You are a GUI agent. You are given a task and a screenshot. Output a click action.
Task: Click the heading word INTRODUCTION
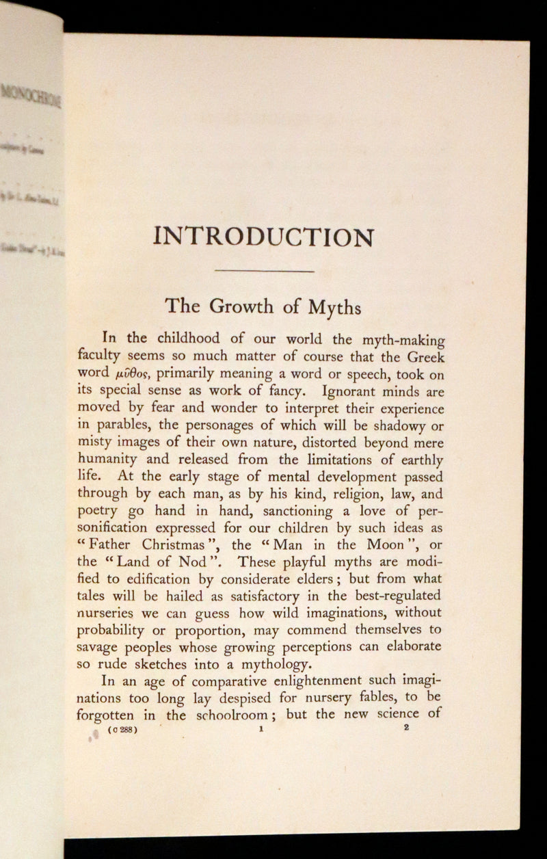tap(264, 237)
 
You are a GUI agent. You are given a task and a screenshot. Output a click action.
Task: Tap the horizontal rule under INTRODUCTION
tap(264, 272)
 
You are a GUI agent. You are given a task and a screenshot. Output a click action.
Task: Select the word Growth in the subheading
tap(243, 306)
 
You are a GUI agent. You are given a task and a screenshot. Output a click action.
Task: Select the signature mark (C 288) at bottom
tap(122, 730)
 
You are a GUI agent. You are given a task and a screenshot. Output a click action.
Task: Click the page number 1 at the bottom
tap(261, 729)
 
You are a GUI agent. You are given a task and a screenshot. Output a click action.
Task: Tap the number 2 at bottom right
tap(406, 728)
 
